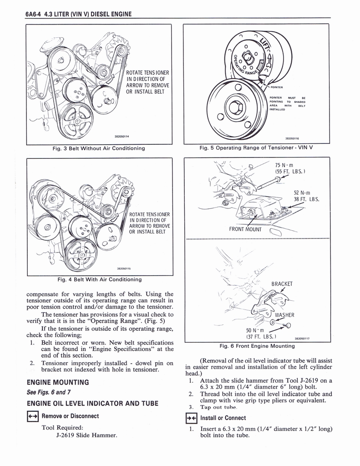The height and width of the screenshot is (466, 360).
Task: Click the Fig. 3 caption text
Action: pos(99,148)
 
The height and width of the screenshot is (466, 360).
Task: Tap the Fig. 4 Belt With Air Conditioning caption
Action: pos(99,279)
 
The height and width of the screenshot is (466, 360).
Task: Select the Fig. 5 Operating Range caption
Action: pos(256,148)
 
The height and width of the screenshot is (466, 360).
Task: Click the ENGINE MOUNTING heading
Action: pos(58,382)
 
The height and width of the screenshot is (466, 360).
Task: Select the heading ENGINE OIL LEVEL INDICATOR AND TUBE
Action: pos(92,403)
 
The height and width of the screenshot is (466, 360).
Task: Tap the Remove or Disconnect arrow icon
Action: pos(33,416)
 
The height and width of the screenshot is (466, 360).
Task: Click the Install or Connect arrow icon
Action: pos(192,418)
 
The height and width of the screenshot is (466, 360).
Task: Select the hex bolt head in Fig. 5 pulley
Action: pos(236,108)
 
